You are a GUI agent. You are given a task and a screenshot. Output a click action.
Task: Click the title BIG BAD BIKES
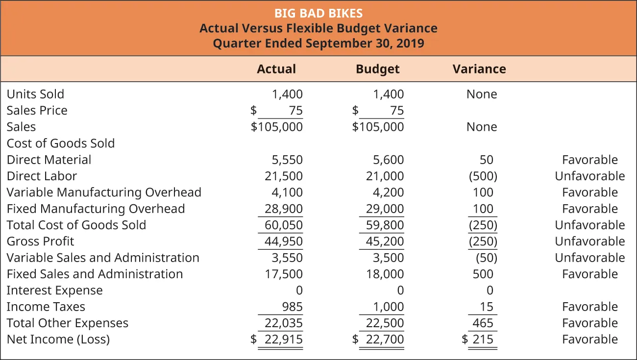318,13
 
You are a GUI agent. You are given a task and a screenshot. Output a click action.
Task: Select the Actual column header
276,69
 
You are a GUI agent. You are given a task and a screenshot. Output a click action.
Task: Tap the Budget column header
378,69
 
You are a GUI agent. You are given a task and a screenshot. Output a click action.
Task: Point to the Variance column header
479,69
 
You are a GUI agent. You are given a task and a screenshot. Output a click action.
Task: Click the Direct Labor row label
42,176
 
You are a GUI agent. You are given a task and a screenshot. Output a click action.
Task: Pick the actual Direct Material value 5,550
287,160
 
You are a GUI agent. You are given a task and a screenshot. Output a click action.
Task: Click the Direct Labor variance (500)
483,176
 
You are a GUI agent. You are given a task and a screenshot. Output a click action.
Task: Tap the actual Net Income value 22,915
284,339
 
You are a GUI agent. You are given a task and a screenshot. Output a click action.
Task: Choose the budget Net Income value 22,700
385,339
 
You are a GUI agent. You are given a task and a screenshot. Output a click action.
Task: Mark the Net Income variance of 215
483,339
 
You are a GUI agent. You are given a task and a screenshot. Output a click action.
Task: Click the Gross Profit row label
40,241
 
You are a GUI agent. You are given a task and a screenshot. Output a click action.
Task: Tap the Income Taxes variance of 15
487,307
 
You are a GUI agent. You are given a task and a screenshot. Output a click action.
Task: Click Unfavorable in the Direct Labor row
590,176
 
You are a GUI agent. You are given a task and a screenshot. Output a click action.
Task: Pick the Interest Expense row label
54,290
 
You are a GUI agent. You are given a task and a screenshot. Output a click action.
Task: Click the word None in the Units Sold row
482,94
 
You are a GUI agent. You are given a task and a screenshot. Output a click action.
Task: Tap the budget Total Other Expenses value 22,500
385,323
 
